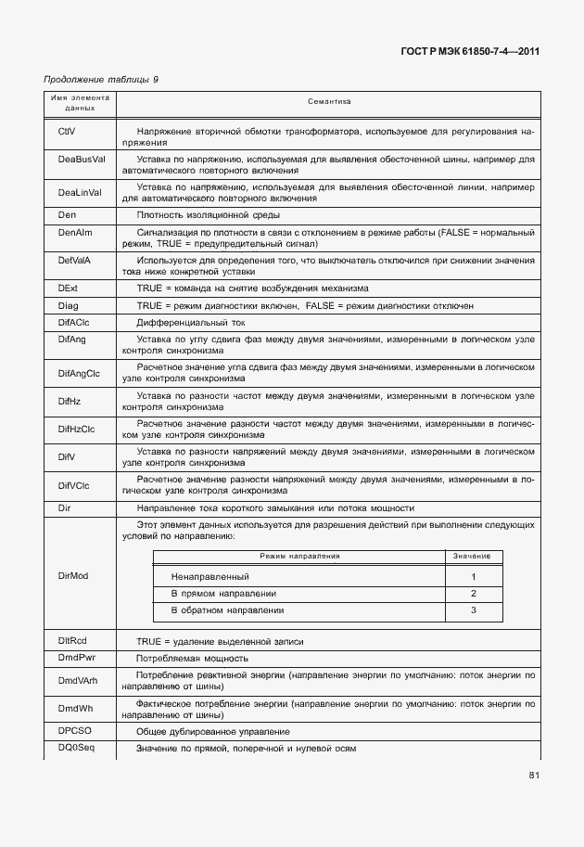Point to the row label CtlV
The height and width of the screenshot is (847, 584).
point(67,132)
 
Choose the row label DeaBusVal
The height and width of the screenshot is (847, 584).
point(81,160)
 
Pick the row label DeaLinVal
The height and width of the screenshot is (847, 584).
point(79,193)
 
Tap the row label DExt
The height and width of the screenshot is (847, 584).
point(67,289)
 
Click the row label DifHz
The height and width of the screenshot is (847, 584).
point(70,400)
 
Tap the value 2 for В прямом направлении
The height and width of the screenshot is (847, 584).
point(473,594)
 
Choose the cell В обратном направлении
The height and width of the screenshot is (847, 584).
point(227,610)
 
